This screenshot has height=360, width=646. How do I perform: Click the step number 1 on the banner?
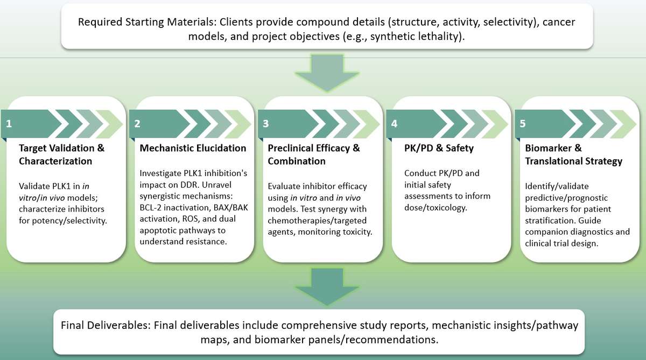coord(9,124)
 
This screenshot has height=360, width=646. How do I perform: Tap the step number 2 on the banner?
coord(137,124)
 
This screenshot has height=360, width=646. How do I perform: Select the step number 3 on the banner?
coord(265,124)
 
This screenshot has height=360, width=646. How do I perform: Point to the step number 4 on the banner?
coord(395,124)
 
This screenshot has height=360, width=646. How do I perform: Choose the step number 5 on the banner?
coord(523,124)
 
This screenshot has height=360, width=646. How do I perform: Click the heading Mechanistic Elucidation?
coord(193,148)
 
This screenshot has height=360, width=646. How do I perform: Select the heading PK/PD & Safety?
coord(439,148)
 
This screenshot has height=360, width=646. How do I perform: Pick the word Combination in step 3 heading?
coord(296,161)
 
